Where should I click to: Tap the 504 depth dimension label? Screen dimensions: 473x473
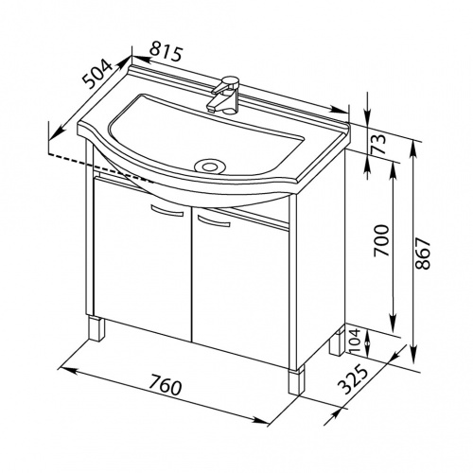[x=98, y=74]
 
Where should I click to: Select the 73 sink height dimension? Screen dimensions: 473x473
[x=379, y=144]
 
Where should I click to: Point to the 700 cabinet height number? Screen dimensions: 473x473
[x=381, y=240]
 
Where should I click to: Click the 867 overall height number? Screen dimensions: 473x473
[x=423, y=254]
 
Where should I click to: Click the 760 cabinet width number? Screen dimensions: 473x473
[x=166, y=384]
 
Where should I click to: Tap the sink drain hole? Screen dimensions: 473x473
[x=209, y=166]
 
